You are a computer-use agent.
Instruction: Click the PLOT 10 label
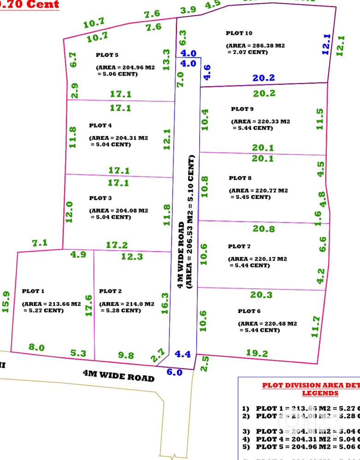click(x=239, y=33)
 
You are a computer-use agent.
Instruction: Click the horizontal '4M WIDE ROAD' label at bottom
click(x=119, y=374)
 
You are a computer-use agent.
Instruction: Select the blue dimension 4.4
click(x=183, y=355)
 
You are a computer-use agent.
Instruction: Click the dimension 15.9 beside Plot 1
click(x=6, y=302)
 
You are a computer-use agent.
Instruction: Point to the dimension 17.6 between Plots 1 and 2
click(x=89, y=305)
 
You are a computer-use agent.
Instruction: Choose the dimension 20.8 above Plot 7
click(x=264, y=229)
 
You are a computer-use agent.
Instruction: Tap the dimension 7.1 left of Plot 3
click(x=40, y=243)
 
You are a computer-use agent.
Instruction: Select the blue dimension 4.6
click(x=207, y=73)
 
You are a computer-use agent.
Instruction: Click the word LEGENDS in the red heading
click(x=320, y=393)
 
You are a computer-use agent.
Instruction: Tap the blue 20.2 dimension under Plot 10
click(x=264, y=78)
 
